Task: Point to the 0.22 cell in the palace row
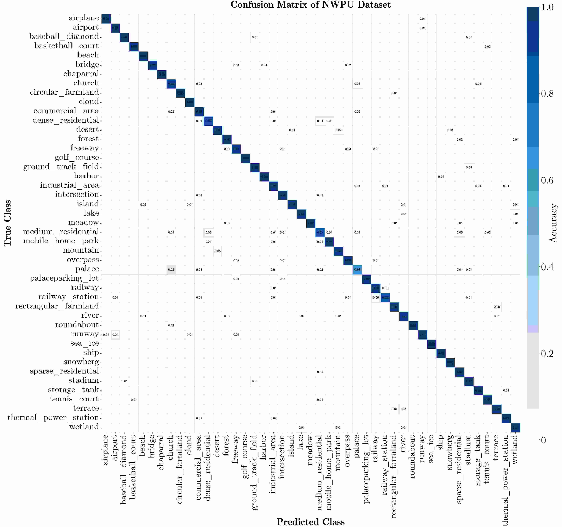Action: [171, 270]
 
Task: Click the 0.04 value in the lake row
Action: [515, 214]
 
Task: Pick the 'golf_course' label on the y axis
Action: [77, 157]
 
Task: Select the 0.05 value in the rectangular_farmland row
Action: [497, 307]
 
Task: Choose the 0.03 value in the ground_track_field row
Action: [469, 167]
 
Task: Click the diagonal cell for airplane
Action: [106, 19]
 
